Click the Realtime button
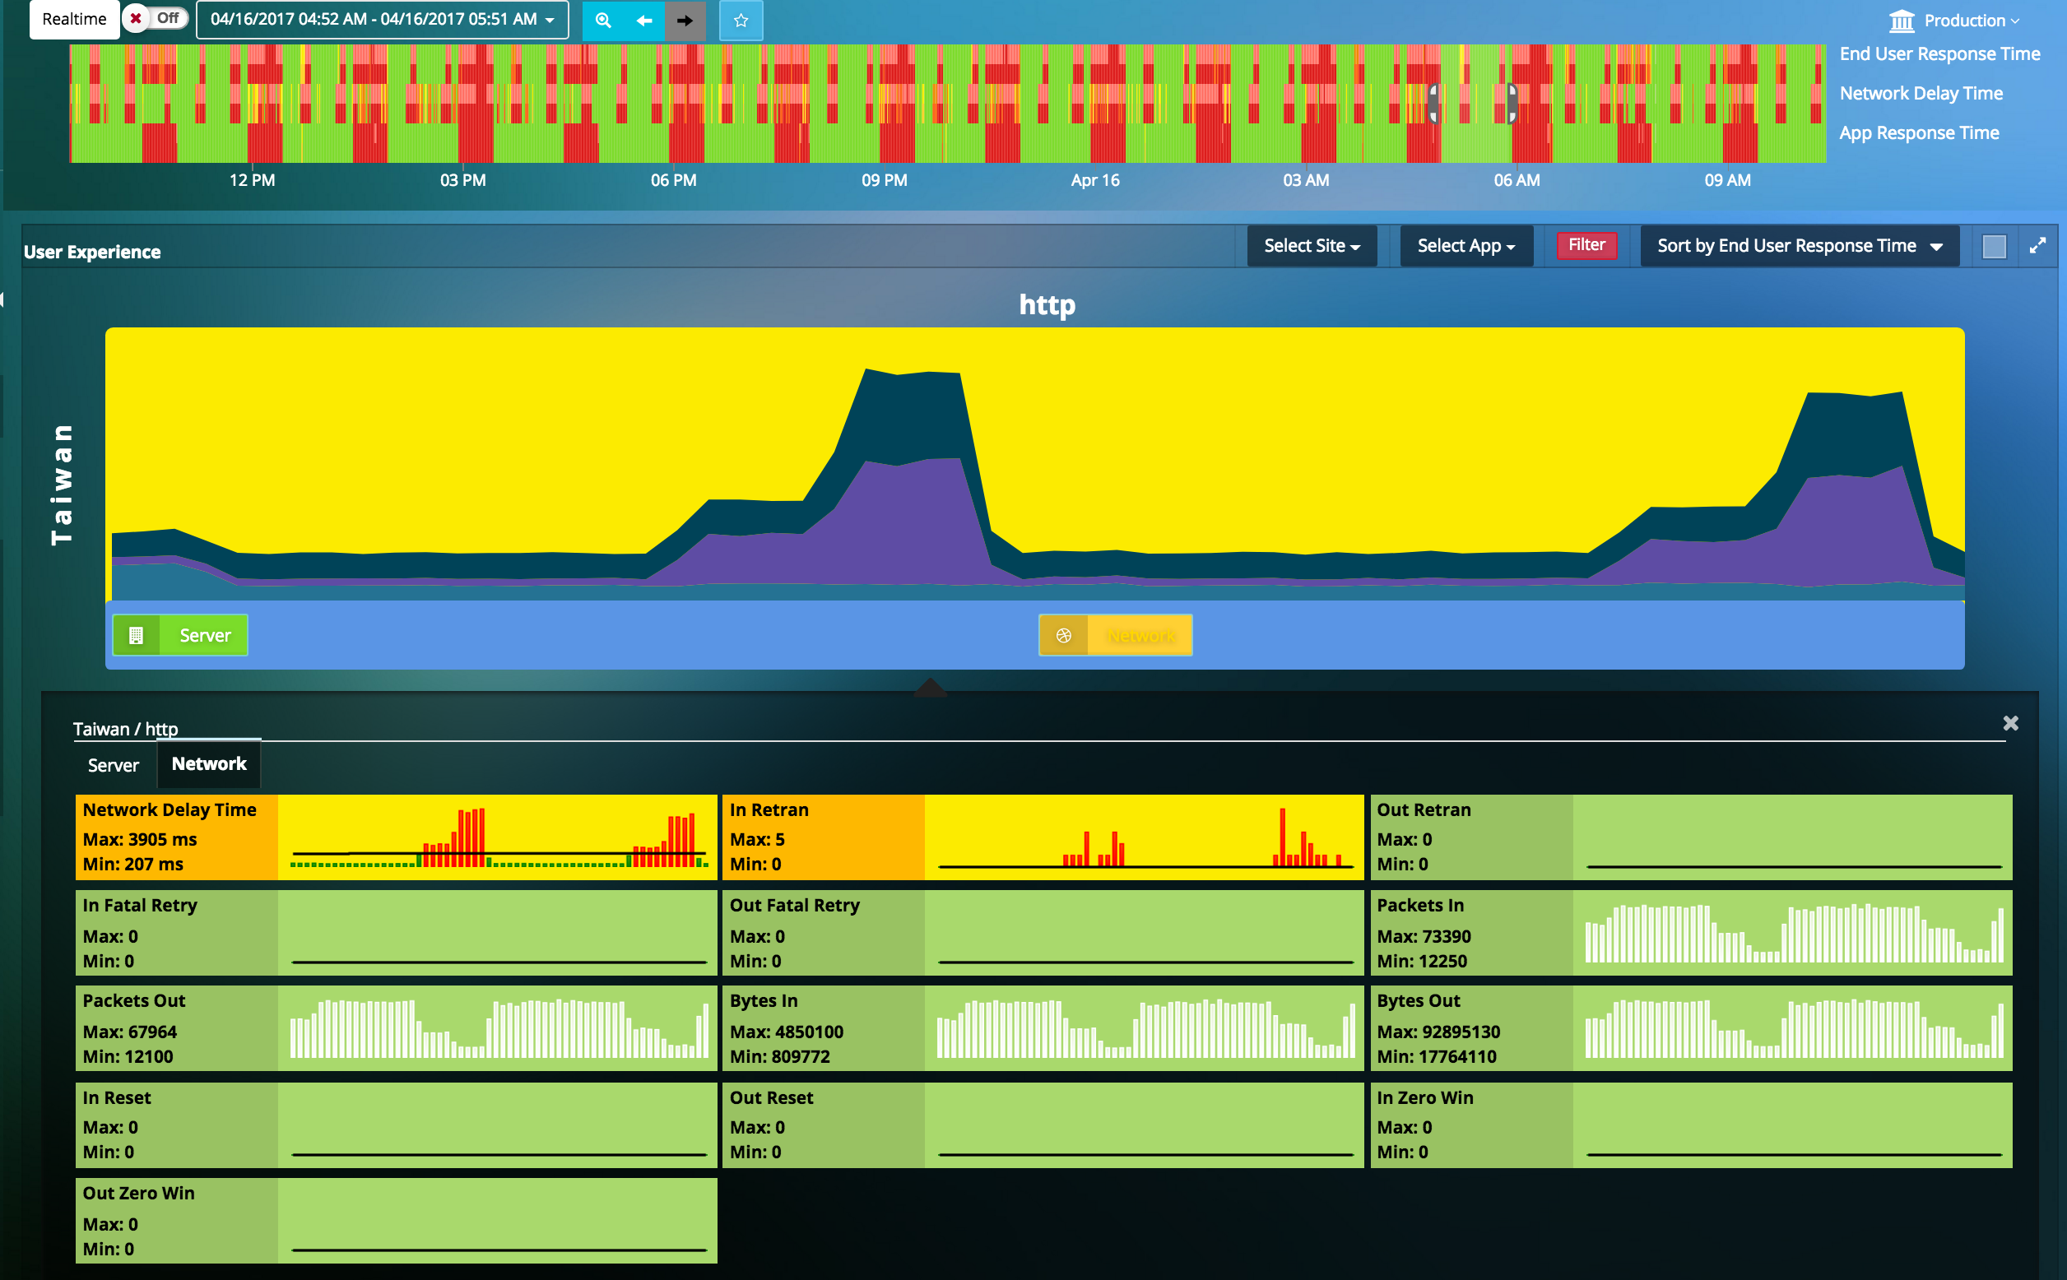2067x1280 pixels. [x=74, y=20]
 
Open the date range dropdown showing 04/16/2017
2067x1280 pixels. [x=382, y=20]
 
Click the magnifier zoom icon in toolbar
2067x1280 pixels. [x=603, y=21]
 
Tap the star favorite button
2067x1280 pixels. [x=741, y=21]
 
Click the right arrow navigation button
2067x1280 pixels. [x=685, y=21]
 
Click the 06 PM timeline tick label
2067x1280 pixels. [x=673, y=180]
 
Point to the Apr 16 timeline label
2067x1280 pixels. [x=1094, y=180]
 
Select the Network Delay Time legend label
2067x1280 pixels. [x=1921, y=93]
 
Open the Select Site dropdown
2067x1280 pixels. [x=1311, y=246]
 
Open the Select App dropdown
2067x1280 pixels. [x=1465, y=246]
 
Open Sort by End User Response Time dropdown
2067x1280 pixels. [x=1799, y=246]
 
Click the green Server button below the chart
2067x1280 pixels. [x=180, y=636]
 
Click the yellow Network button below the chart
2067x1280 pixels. [x=1115, y=636]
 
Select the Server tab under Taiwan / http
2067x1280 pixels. [x=113, y=765]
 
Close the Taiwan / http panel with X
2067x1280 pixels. [x=2010, y=723]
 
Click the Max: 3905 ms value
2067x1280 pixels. [x=140, y=839]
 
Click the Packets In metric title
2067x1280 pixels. [x=1419, y=905]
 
